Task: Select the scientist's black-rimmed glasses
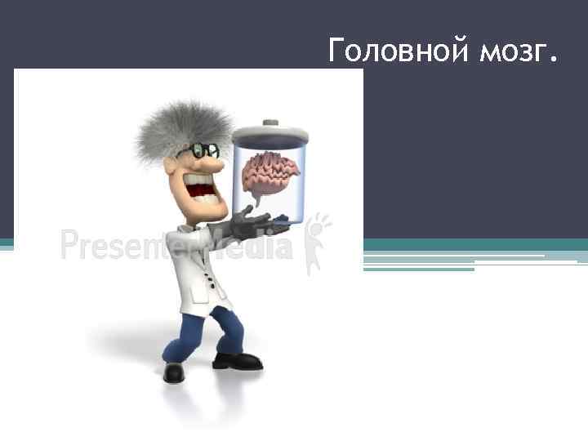pos(203,151)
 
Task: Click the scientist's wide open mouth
pos(200,190)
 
